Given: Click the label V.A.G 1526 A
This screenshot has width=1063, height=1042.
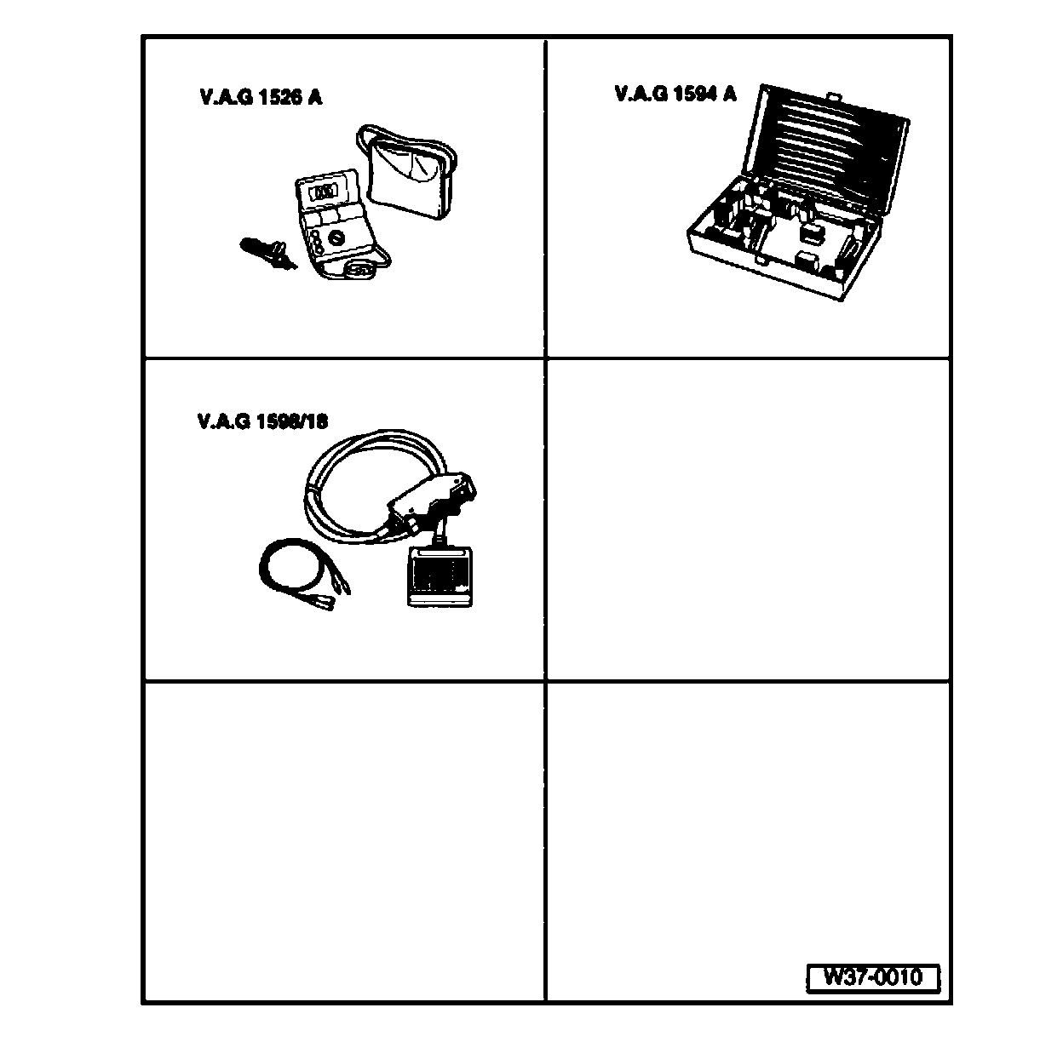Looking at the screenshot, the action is click(261, 97).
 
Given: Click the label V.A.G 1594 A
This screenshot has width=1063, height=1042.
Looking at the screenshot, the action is click(675, 94).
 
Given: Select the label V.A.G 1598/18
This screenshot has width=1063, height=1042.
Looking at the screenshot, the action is click(261, 421).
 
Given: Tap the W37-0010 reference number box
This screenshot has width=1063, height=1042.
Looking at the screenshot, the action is click(872, 977).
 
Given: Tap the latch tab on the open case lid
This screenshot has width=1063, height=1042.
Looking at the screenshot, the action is click(834, 100).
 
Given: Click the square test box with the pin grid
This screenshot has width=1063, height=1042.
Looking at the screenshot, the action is click(439, 576).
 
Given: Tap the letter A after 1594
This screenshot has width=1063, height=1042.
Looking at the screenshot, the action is click(729, 94).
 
